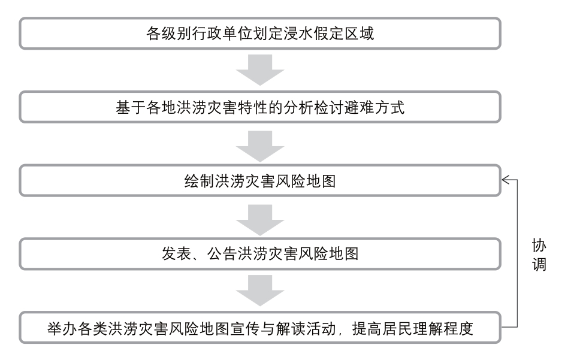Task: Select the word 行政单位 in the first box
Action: [222, 34]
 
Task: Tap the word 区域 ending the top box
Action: [359, 34]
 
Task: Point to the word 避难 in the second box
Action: [359, 108]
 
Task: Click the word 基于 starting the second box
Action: [131, 108]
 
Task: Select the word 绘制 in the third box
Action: [199, 181]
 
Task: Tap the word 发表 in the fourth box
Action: [176, 254]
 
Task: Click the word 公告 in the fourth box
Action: [222, 254]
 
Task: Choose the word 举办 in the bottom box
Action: [62, 329]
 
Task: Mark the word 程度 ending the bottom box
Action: [458, 329]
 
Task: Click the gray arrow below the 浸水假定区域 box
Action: [260, 70]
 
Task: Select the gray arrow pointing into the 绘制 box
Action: [260, 146]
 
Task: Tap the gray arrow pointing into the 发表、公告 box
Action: [260, 220]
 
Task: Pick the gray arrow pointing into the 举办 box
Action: [260, 291]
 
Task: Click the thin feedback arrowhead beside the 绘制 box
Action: [506, 180]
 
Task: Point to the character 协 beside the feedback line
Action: [539, 246]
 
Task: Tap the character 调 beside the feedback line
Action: [539, 264]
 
